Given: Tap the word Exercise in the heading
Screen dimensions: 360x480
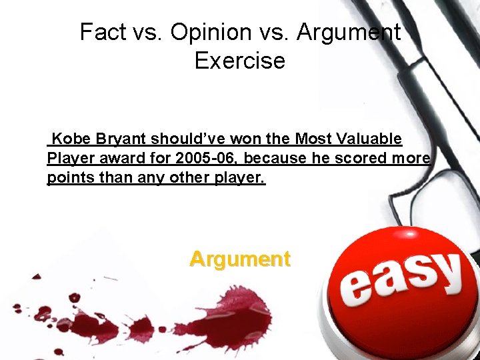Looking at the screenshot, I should point(239,61).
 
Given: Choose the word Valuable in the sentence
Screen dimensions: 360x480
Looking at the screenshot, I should point(369,139).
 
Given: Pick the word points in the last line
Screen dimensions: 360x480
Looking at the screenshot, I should point(67,179).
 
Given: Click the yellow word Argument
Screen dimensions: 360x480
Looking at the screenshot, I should point(240,259).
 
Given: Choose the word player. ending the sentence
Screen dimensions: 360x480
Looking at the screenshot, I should point(241,179).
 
